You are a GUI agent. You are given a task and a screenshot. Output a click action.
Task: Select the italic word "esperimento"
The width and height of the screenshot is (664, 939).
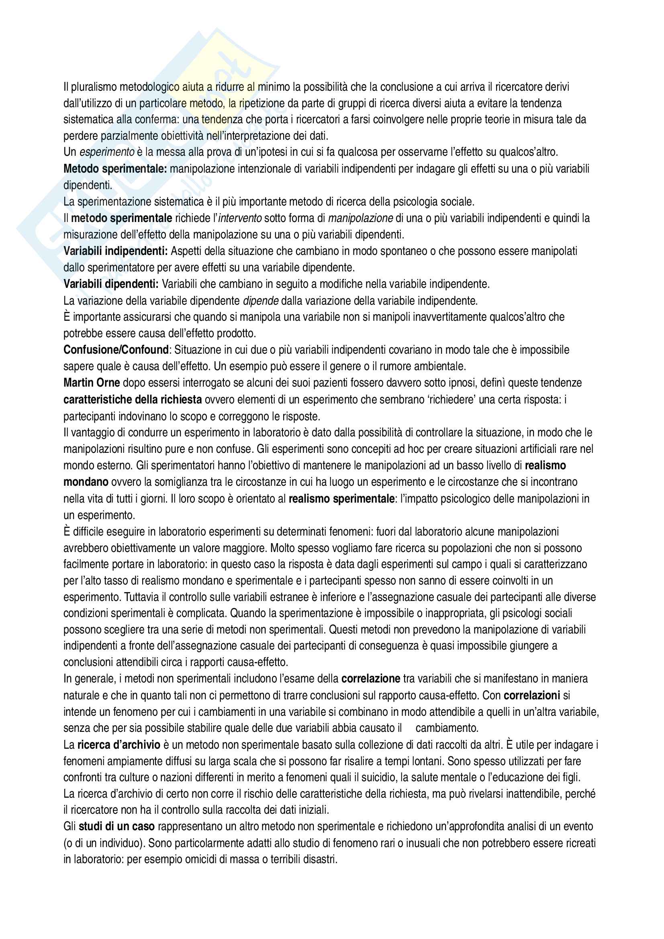tap(107, 152)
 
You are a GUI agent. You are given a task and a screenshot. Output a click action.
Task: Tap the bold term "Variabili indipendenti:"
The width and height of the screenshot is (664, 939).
tap(115, 251)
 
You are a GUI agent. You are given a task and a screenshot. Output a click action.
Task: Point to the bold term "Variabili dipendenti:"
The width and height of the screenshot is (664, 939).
tap(111, 284)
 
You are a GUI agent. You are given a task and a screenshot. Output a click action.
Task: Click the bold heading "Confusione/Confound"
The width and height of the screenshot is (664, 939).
tap(116, 350)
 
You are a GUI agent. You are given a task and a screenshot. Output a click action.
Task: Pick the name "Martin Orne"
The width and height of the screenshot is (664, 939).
tap(92, 383)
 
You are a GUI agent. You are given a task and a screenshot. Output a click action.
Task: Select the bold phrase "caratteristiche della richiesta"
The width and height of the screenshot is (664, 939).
tap(133, 399)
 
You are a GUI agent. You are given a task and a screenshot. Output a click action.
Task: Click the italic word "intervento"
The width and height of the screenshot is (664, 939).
tap(240, 218)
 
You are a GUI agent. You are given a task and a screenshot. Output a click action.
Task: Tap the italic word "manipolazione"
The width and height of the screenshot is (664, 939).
tap(360, 218)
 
